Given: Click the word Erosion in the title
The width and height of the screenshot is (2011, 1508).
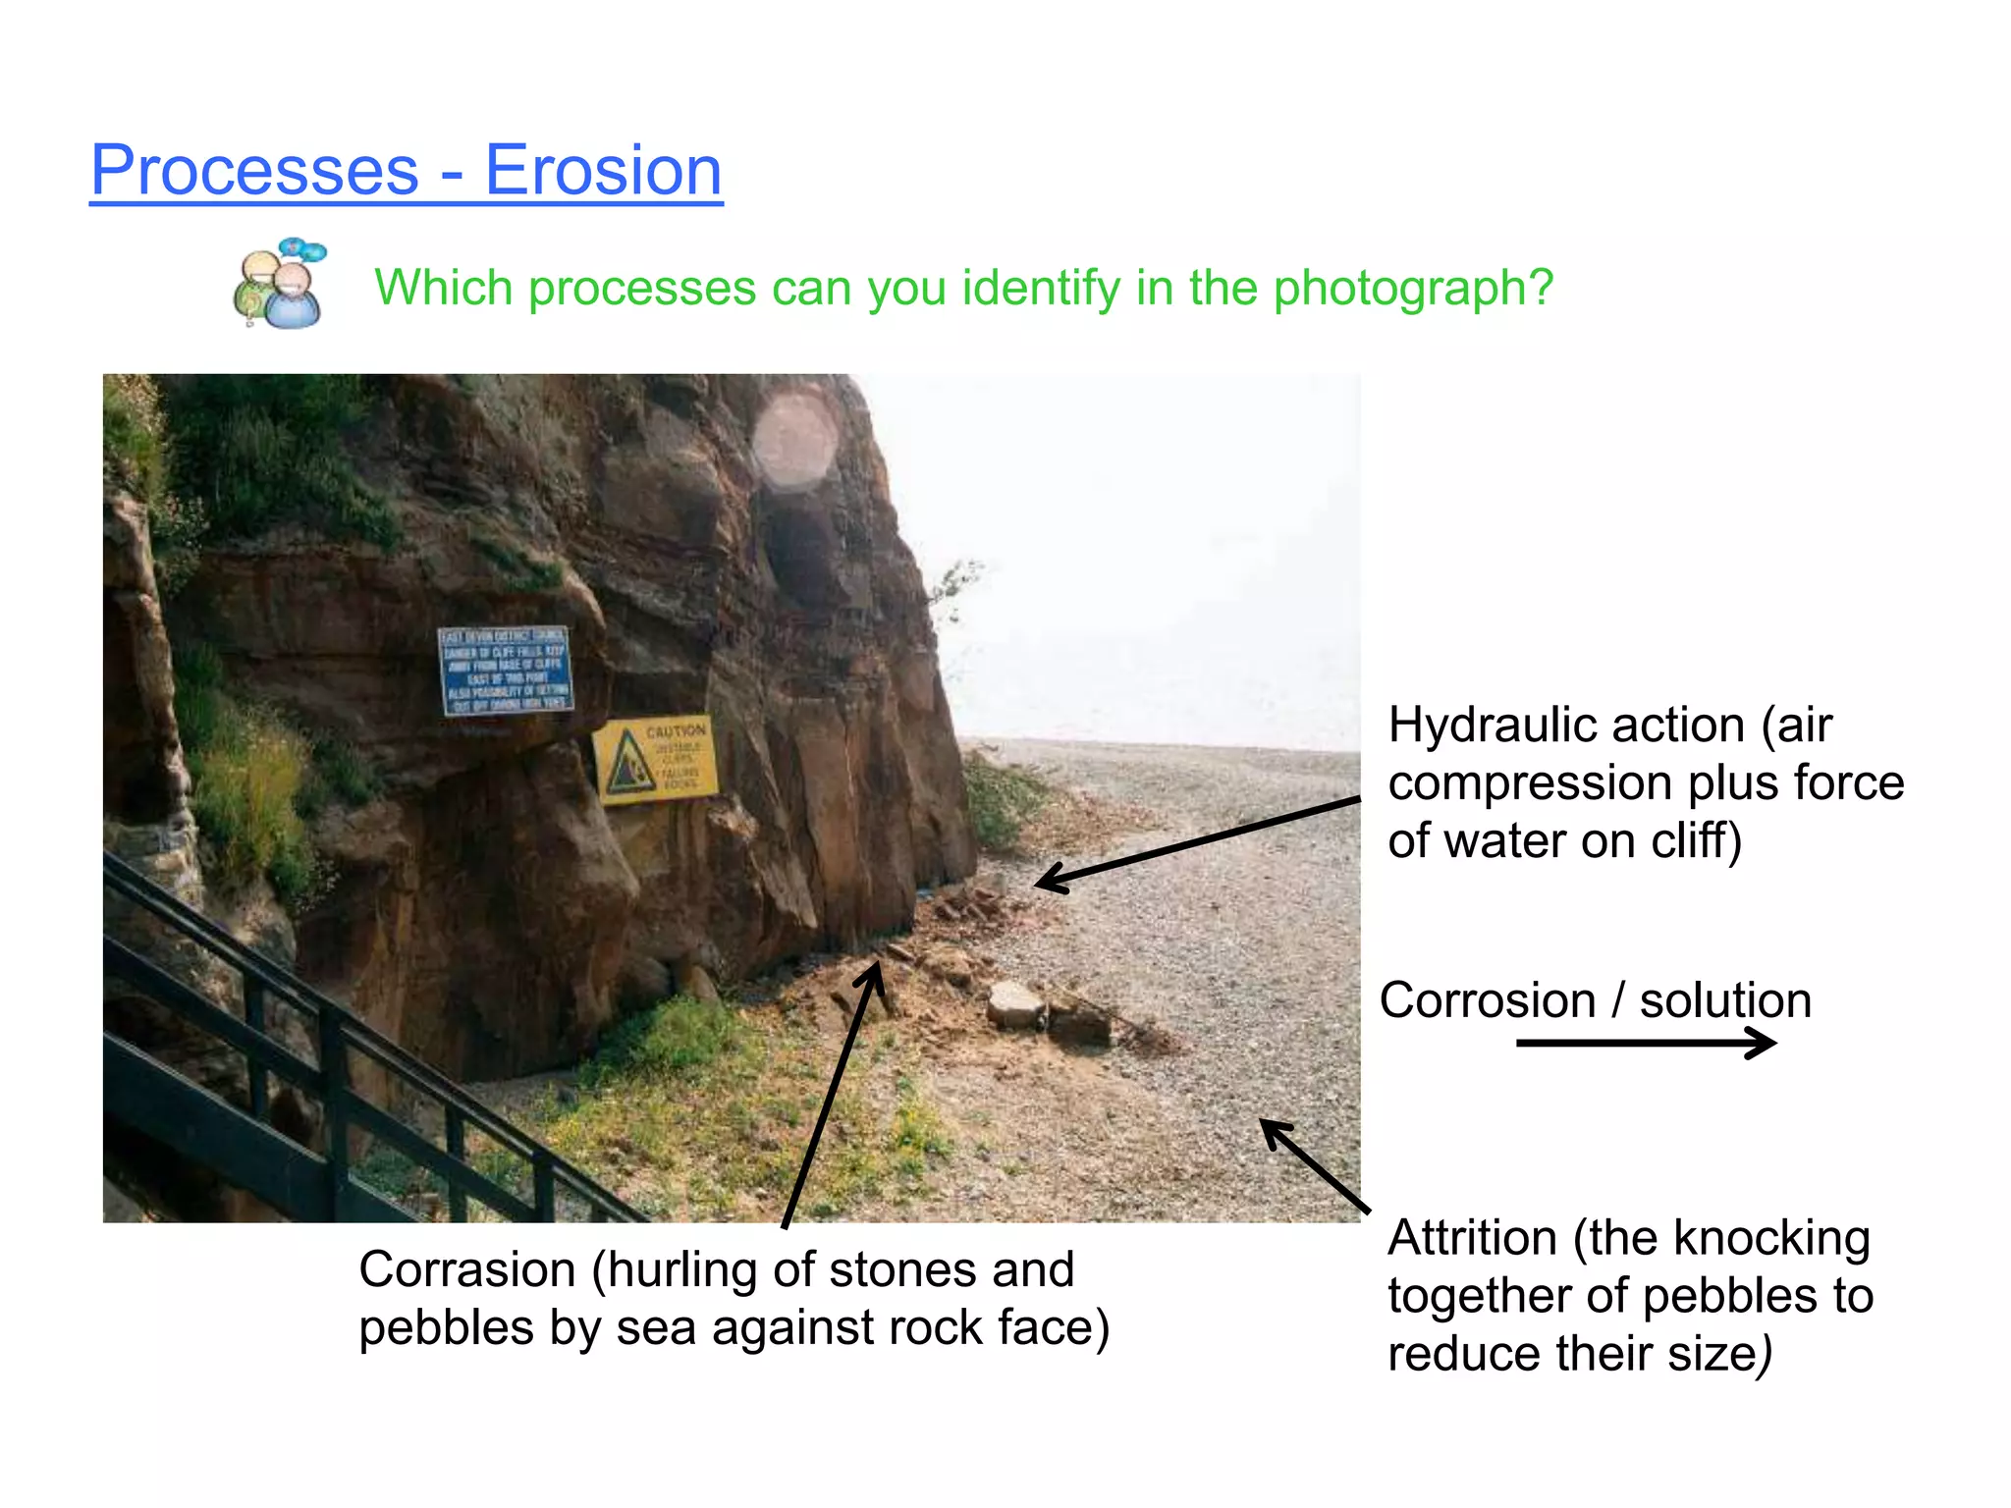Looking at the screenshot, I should tap(603, 171).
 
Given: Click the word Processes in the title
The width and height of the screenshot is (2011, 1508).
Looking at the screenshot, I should tap(254, 171).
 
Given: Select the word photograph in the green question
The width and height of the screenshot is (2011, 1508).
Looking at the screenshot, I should tap(1413, 289).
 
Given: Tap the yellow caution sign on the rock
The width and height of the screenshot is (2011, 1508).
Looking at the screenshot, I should tap(655, 759).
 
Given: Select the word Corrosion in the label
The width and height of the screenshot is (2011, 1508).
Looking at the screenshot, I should tap(1487, 1000).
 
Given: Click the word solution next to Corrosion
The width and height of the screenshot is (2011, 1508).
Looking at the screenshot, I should tap(1725, 1000).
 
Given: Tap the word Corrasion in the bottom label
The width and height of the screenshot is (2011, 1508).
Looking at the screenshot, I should tap(466, 1269).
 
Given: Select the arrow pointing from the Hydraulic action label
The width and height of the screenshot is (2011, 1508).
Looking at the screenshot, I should tap(1198, 844).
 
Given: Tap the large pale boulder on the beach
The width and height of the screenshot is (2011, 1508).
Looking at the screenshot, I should tap(1015, 1003).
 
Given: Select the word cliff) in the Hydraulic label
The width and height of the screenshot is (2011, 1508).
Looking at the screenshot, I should tap(1696, 841).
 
